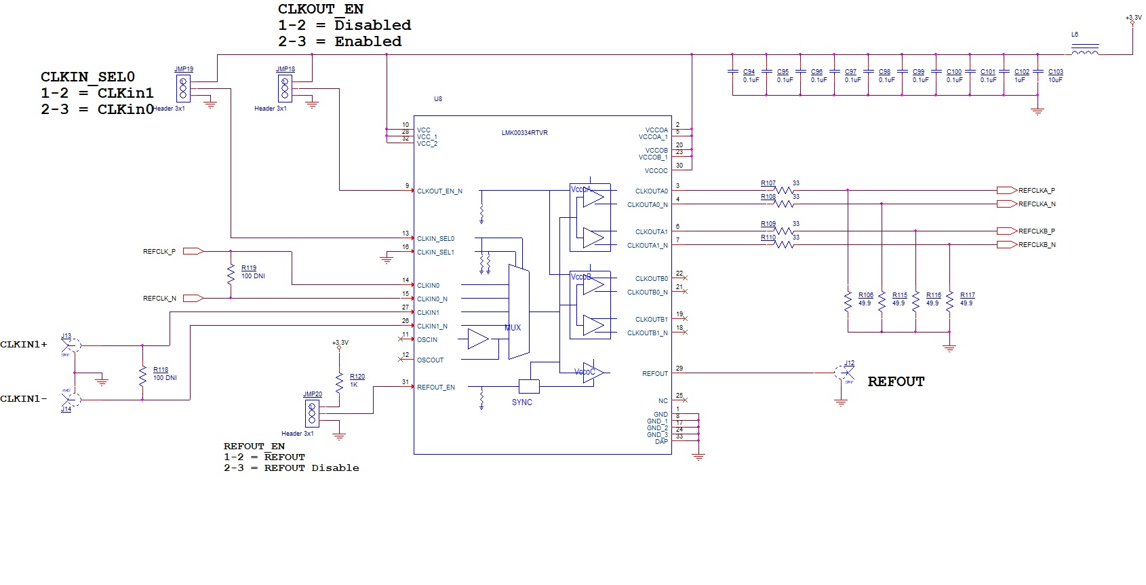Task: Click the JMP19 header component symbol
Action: [183, 88]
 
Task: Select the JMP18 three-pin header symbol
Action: [285, 88]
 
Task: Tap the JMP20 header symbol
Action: [312, 413]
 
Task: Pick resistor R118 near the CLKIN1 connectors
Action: [142, 375]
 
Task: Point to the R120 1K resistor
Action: [339, 381]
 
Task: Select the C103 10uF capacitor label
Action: [1055, 72]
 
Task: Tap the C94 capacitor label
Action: [749, 72]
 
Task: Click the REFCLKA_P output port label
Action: [1036, 191]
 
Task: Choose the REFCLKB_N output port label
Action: [1036, 245]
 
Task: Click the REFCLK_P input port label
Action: [159, 252]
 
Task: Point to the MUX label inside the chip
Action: [513, 328]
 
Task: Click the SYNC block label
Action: [522, 402]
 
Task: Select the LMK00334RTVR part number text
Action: [524, 133]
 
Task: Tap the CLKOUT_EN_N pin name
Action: [439, 191]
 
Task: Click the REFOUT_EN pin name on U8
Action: [436, 388]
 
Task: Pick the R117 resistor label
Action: [968, 295]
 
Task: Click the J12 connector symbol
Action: [845, 373]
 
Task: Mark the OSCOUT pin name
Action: [430, 360]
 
